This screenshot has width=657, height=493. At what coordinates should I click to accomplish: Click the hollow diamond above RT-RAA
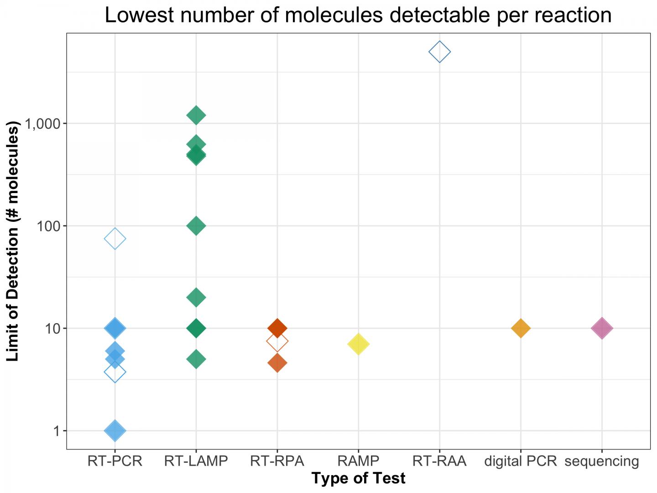coord(439,52)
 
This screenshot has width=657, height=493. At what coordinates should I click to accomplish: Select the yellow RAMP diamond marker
coord(359,344)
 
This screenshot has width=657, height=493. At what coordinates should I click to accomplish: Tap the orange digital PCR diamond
coord(521,328)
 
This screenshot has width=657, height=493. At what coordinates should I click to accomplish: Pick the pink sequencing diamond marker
coord(602,328)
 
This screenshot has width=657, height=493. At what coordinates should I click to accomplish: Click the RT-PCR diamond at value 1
coord(115,430)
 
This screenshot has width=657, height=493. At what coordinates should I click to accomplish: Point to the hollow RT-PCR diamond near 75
coord(115,238)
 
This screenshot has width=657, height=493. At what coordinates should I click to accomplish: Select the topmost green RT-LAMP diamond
coord(196,115)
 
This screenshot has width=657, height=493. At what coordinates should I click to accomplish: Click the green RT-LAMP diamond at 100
coord(196,226)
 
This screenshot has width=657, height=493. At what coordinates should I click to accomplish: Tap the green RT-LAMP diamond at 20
coord(196,297)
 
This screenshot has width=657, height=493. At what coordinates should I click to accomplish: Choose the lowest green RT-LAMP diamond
coord(196,359)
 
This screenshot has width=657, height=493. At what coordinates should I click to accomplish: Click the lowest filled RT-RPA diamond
coord(277,363)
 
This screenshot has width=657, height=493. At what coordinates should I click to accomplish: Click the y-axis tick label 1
coord(57,430)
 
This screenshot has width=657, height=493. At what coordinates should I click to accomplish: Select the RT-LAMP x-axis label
coord(196,461)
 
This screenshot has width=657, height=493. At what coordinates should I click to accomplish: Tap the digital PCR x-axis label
coord(521,461)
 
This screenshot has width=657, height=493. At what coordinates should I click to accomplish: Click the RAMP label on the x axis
coord(359,461)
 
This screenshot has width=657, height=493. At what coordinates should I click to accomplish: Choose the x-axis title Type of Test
coord(359,478)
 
